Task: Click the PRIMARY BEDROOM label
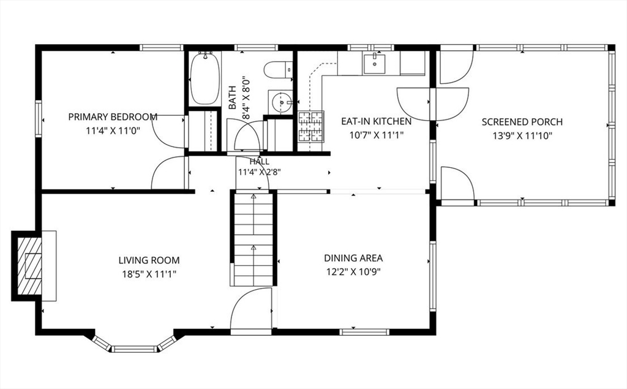[x=113, y=117]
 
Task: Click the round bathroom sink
[x=281, y=102]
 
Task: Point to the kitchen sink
[x=374, y=64]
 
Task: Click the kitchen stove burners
[x=310, y=126]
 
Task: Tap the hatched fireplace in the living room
[x=29, y=265]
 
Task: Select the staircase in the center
[x=253, y=240]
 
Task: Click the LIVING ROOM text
[x=149, y=260]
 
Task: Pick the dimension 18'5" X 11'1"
[x=149, y=274]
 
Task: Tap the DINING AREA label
[x=353, y=258]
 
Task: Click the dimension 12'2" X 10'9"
[x=353, y=272]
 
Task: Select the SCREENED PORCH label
[x=522, y=122]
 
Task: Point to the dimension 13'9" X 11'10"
[x=522, y=135]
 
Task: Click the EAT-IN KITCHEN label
[x=376, y=121]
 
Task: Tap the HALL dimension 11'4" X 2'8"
[x=260, y=173]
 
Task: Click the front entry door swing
[x=252, y=308]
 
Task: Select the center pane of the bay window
[x=133, y=349]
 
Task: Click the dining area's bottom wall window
[x=364, y=332]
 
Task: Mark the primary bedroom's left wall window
[x=39, y=119]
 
